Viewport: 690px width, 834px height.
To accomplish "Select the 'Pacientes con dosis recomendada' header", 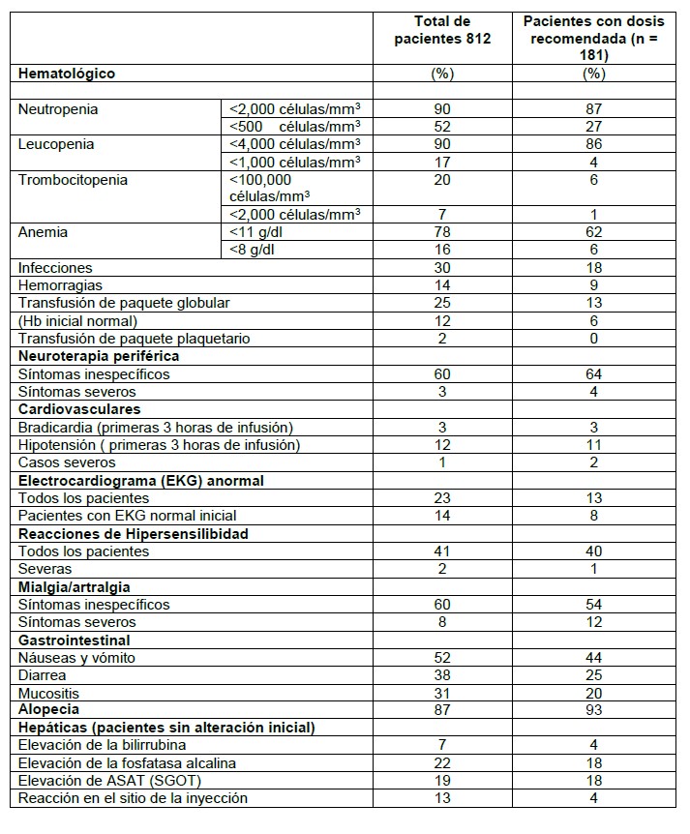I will (593, 39).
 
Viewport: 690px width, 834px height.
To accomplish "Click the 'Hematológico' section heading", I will (66, 74).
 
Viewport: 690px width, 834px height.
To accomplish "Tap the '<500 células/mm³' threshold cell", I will (294, 127).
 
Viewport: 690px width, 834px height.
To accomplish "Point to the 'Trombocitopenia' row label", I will (73, 180).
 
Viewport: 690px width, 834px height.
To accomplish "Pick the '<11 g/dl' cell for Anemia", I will (254, 232).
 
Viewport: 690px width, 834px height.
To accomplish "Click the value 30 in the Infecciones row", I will (444, 268).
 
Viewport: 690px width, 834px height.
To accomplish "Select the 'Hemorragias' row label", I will (60, 285).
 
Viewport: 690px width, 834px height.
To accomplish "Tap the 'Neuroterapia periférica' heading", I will (96, 356).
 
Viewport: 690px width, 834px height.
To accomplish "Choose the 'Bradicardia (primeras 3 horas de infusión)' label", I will (155, 427).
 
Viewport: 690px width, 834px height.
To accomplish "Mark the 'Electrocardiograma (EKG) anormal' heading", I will (141, 480).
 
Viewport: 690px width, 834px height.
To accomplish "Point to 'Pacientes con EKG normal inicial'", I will (127, 516).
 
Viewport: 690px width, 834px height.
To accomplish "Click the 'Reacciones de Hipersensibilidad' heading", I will (134, 533).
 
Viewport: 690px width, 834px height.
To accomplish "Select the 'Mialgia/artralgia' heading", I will (74, 586).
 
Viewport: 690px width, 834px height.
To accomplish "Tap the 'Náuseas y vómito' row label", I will (76, 658).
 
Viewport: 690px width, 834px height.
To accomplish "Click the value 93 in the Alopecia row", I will (593, 710).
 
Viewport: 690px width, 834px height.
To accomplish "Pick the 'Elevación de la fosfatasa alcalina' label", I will (127, 763).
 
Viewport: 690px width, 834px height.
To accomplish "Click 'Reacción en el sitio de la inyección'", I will (133, 798).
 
